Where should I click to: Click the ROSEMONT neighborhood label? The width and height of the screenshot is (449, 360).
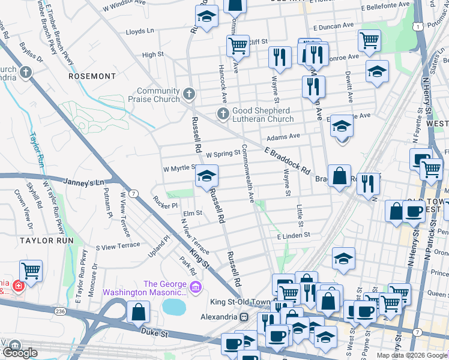tap(92, 76)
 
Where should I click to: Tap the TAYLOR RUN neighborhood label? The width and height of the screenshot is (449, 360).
tap(46, 240)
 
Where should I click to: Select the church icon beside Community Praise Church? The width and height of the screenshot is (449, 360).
tap(189, 94)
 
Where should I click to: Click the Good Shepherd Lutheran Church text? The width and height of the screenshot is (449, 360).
tap(262, 115)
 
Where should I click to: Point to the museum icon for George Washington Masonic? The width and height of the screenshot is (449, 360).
tap(196, 289)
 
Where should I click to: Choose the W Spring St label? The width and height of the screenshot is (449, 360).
tap(223, 154)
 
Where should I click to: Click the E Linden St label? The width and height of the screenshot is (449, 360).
tap(292, 236)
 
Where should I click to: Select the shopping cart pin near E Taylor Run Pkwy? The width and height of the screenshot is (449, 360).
tap(31, 271)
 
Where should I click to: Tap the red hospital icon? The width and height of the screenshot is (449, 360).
tap(19, 287)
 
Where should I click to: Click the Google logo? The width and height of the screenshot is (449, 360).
tap(20, 353)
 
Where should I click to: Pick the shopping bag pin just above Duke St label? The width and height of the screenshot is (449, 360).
tap(138, 312)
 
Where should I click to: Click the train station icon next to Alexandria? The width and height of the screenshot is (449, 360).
tap(244, 317)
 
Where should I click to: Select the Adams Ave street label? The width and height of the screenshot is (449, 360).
tap(287, 136)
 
